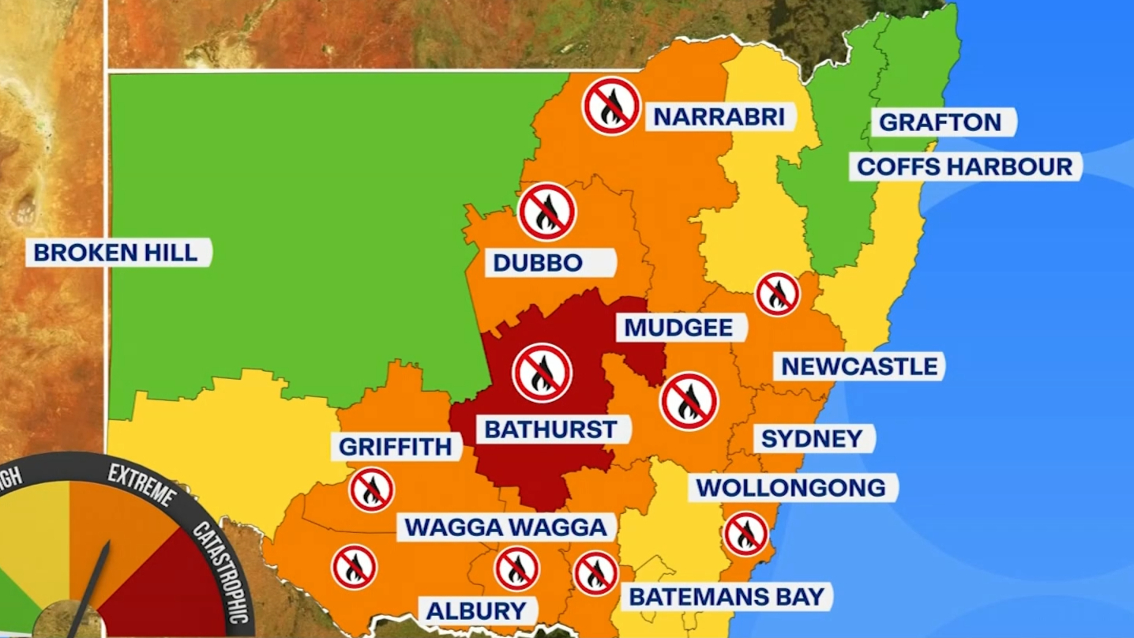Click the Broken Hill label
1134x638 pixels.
116,253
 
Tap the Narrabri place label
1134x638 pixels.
719,117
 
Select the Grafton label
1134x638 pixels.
940,122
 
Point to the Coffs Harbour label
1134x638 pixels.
965,167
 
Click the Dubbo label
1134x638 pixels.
538,263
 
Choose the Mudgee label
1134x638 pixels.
679,327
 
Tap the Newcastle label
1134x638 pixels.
859,366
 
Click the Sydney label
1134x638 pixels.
812,438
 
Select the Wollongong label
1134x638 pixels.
791,487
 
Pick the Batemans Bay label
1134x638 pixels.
727,596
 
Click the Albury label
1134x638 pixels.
477,610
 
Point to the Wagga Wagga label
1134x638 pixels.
505,527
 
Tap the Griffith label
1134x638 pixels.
396,447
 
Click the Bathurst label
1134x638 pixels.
550,430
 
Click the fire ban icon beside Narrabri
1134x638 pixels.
612,106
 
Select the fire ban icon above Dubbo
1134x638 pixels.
547,212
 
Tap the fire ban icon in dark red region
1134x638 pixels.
543,373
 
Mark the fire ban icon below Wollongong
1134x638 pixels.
746,534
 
